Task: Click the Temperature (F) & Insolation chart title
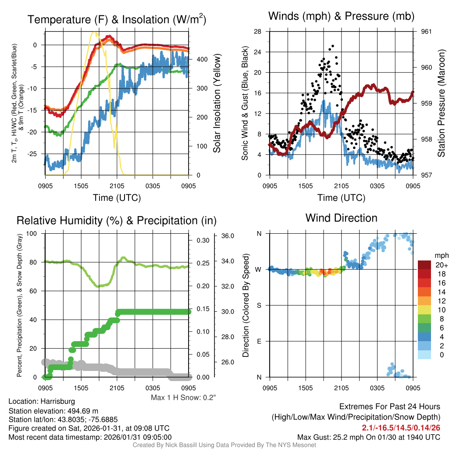pos(117,20)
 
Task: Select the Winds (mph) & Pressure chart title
pos(341,16)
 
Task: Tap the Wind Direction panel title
pos(341,218)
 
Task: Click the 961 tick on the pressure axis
pos(427,32)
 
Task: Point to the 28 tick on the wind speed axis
pos(258,32)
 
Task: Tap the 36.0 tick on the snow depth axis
pos(228,236)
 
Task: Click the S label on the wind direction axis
pos(259,305)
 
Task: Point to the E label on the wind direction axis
pos(259,341)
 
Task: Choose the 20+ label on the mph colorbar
pos(441,265)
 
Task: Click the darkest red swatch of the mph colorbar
pos(425,265)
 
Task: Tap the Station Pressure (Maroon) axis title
pos(442,103)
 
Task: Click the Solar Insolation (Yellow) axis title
pos(217,103)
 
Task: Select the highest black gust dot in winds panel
pos(333,46)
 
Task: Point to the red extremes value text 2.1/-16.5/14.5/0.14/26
pos(401,427)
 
